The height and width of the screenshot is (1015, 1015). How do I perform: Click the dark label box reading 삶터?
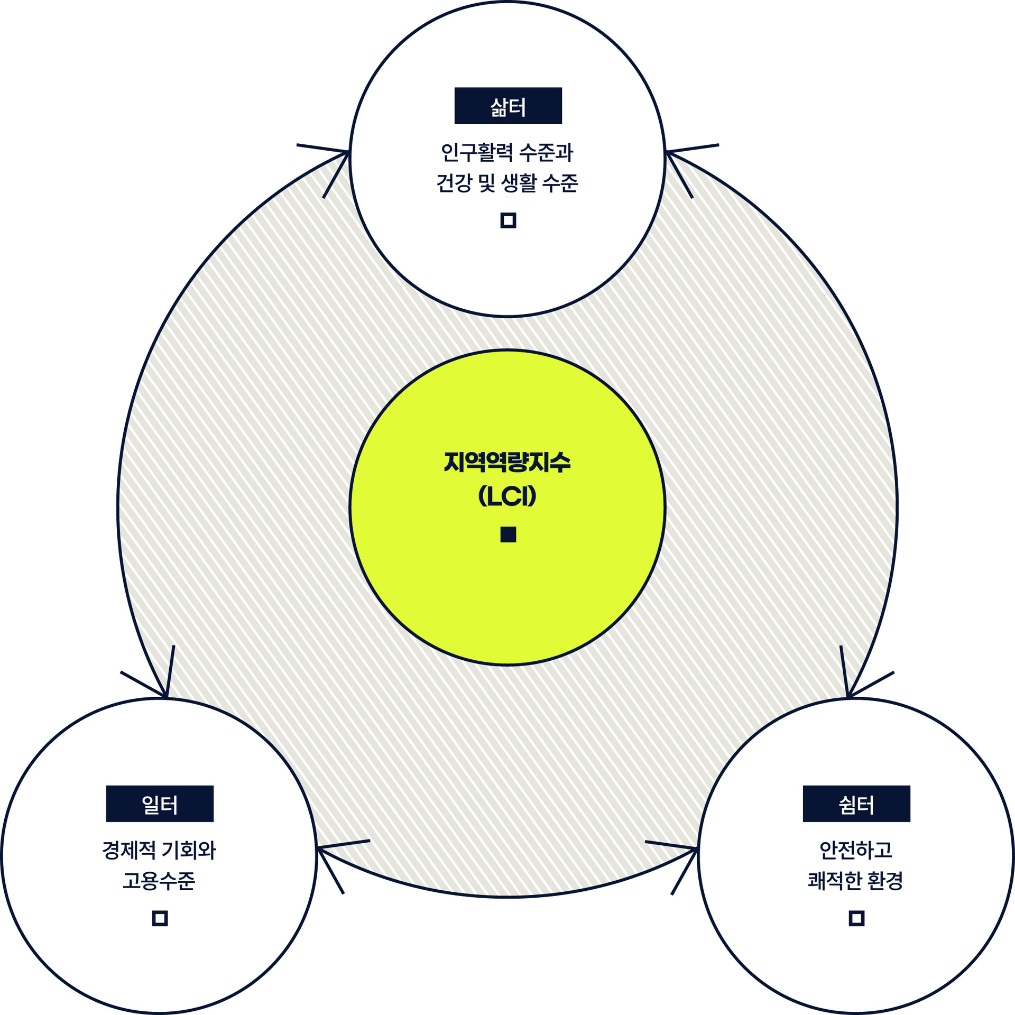tap(508, 106)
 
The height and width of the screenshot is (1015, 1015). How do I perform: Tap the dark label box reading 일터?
tap(160, 804)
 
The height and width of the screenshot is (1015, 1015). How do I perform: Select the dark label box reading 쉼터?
tap(856, 804)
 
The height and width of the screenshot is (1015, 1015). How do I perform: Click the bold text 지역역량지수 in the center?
tap(508, 462)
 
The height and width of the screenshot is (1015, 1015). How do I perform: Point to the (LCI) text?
tap(508, 496)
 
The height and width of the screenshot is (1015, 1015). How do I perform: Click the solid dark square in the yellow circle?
tap(508, 534)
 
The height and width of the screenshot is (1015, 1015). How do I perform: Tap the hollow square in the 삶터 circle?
tap(508, 220)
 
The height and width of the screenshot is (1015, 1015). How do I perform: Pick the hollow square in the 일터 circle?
tap(160, 918)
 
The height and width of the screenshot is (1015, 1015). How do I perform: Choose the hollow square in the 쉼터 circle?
tap(856, 918)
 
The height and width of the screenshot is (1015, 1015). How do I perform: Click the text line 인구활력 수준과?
tap(508, 153)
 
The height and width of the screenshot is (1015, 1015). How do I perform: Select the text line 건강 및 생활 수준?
tap(508, 183)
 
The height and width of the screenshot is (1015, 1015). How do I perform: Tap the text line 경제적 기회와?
tap(159, 850)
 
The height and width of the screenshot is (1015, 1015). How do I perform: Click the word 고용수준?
tap(159, 881)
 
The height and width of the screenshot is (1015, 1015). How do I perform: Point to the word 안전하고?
tap(856, 850)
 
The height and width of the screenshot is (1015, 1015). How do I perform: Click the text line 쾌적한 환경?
tap(856, 881)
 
